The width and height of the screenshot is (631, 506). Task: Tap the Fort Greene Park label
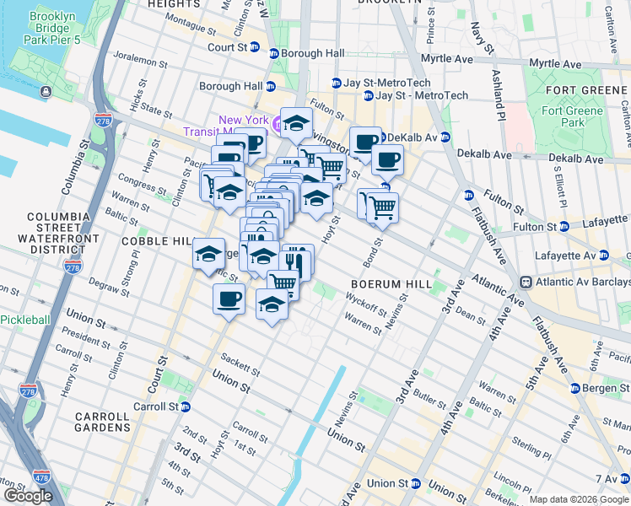tap(574, 116)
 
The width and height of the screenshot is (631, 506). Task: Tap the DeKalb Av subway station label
tap(406, 137)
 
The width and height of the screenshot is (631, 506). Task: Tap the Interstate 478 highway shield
tap(40, 478)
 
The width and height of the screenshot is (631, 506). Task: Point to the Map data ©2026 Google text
tap(579, 499)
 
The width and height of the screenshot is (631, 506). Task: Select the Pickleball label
tap(24, 320)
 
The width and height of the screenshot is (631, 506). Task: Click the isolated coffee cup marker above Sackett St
tap(229, 299)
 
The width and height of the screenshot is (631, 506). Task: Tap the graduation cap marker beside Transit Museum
tap(296, 123)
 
